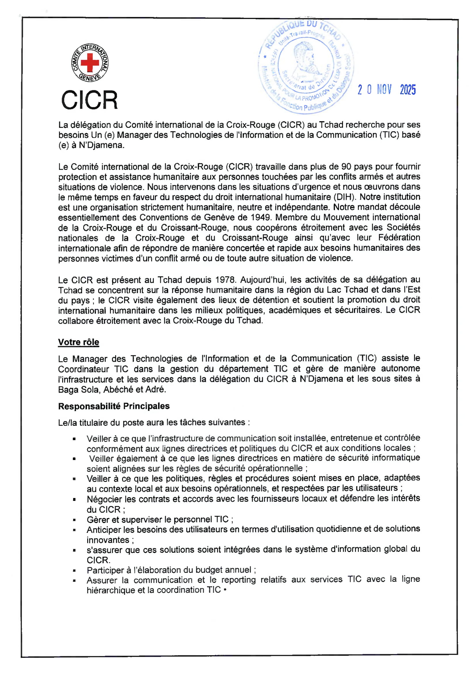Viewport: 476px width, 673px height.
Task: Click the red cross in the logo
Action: pyautogui.click(x=90, y=62)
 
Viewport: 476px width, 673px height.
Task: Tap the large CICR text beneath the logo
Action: pyautogui.click(x=90, y=100)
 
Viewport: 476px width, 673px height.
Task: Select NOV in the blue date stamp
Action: pyautogui.click(x=384, y=89)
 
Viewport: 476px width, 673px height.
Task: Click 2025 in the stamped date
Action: pyautogui.click(x=408, y=90)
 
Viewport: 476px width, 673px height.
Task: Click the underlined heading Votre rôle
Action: pyautogui.click(x=79, y=342)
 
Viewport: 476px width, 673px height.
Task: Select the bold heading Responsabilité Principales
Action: pyautogui.click(x=114, y=406)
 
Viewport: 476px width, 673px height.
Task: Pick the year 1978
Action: pyautogui.click(x=225, y=280)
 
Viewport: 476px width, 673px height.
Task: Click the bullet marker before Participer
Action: pyautogui.click(x=75, y=570)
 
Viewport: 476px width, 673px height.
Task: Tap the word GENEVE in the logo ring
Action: pyautogui.click(x=90, y=78)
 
